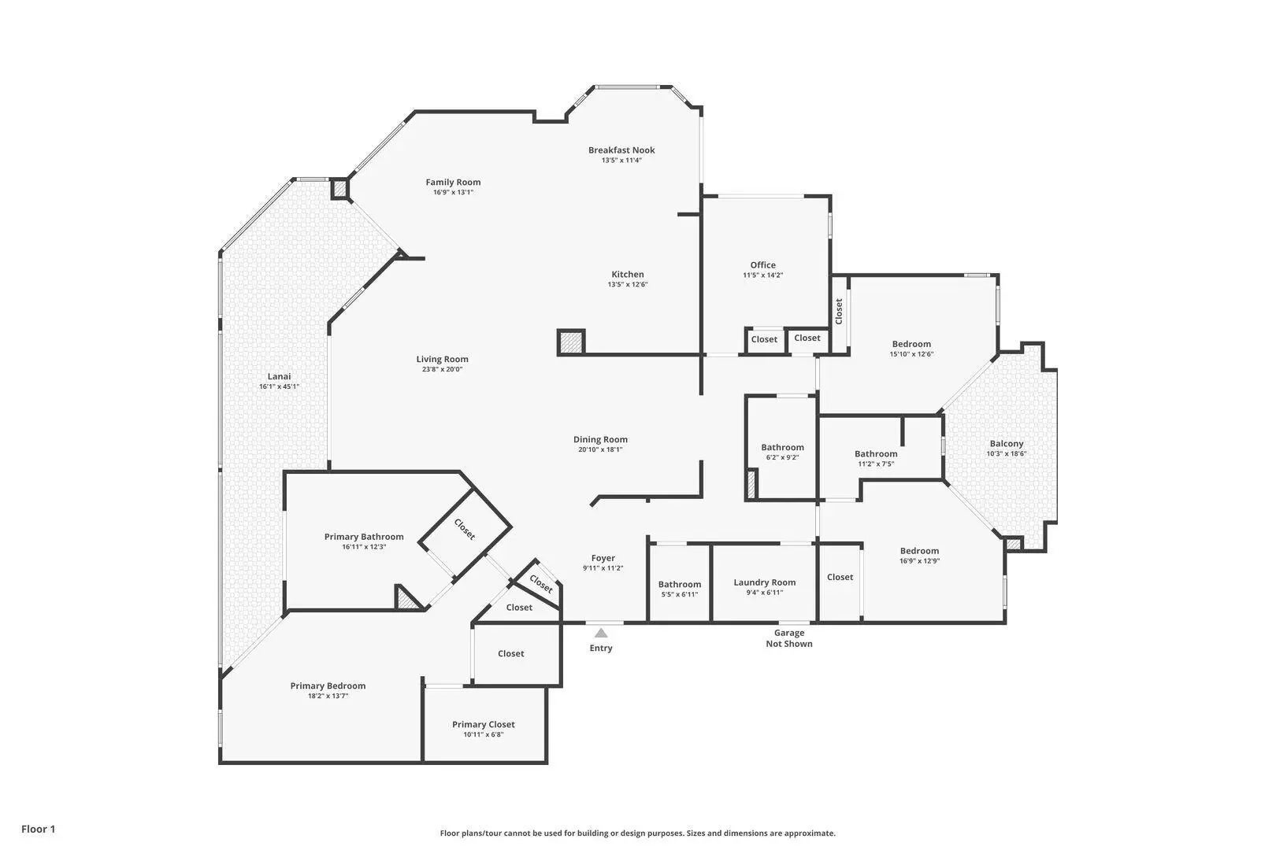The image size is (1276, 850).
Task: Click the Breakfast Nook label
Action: point(621,150)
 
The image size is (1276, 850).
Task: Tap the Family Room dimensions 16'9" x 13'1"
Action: point(453,193)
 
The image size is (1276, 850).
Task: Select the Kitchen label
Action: point(628,275)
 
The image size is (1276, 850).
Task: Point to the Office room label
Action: point(762,264)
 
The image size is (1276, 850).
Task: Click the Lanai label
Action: point(279,376)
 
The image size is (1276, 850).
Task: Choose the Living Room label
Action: point(442,359)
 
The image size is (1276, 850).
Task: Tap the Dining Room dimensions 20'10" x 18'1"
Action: point(600,449)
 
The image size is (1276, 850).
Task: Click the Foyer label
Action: point(603,559)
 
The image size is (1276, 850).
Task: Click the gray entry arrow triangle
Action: point(601,633)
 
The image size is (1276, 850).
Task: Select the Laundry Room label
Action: point(765,582)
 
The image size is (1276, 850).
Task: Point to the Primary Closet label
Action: point(484,725)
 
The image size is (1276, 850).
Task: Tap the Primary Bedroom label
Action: point(328,686)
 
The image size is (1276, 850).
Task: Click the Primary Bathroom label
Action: point(364,537)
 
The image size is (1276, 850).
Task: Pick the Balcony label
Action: point(1007,444)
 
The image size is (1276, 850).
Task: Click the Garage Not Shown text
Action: point(789,638)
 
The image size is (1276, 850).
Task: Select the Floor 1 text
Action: point(38,829)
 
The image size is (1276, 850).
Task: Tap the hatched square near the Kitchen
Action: point(571,342)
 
